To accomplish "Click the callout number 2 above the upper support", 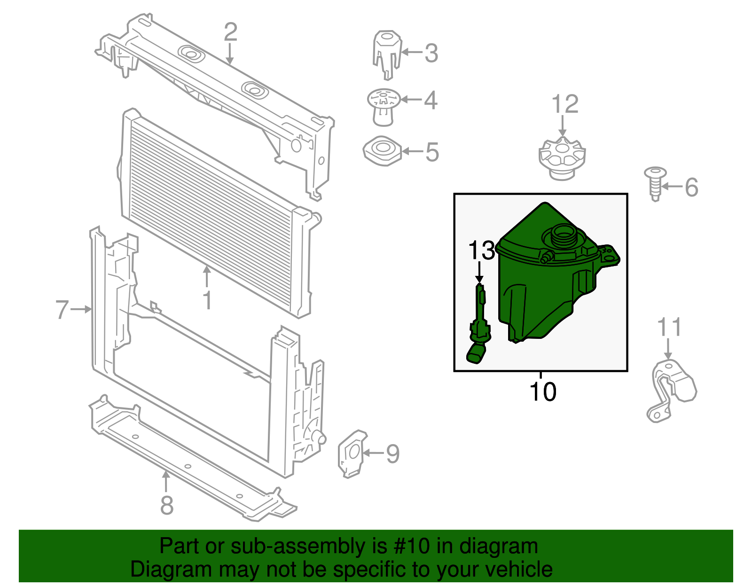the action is click(x=230, y=32).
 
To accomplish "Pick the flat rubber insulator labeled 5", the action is click(x=383, y=151).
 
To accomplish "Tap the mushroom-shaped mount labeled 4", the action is click(x=384, y=108).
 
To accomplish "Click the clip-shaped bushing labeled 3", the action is click(x=387, y=55).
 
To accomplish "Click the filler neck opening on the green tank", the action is click(x=564, y=235).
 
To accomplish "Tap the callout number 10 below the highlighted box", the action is click(x=543, y=391).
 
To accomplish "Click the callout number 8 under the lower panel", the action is click(x=167, y=505).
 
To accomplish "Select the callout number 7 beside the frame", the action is click(x=62, y=309).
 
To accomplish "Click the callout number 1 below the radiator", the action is click(x=207, y=300).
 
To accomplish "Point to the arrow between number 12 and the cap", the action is click(x=563, y=126).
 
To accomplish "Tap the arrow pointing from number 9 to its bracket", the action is click(x=373, y=453).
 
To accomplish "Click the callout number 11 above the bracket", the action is click(x=669, y=327).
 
